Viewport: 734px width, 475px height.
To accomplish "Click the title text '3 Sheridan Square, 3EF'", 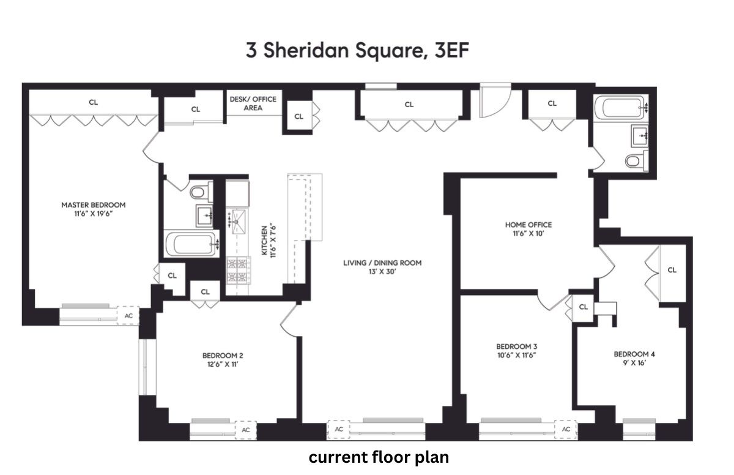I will coord(358,50).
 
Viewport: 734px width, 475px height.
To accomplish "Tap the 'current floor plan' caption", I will coord(379,457).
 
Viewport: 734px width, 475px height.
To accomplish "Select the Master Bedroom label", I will coord(93,209).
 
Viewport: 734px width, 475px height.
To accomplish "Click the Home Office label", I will coord(519,229).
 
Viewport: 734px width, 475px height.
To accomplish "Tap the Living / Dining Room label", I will coord(382,267).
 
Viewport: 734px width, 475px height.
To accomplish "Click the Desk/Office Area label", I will coord(253,103).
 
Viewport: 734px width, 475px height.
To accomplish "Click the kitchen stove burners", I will coord(238,271).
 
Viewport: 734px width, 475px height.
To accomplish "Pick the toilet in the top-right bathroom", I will coord(634,161).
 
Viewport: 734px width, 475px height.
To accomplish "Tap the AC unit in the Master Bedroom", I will coord(128,316).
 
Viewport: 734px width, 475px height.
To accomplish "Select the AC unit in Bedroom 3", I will coord(566,430).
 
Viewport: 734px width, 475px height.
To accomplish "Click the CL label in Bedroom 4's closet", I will coord(672,270).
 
